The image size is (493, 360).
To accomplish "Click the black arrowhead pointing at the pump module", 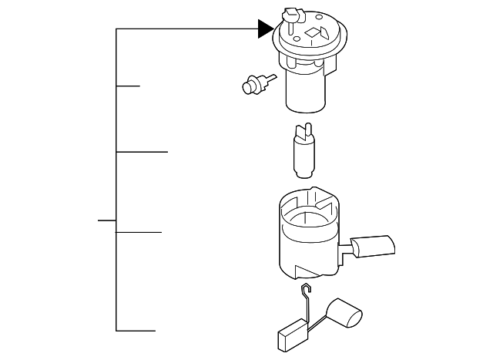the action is (x=266, y=29).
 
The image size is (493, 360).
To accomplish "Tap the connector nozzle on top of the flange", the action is (x=292, y=15).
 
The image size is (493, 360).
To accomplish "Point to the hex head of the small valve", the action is (x=249, y=86).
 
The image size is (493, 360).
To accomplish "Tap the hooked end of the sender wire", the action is (x=307, y=289).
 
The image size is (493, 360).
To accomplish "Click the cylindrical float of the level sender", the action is (x=344, y=314).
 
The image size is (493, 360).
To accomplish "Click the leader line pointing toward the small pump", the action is (x=142, y=152).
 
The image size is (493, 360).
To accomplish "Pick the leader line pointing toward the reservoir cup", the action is (x=139, y=231).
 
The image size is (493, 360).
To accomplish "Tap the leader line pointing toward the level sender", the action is (x=136, y=331).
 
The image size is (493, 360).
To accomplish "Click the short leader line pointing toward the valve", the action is (x=128, y=86).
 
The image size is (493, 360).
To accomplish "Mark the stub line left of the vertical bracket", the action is (x=106, y=220).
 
